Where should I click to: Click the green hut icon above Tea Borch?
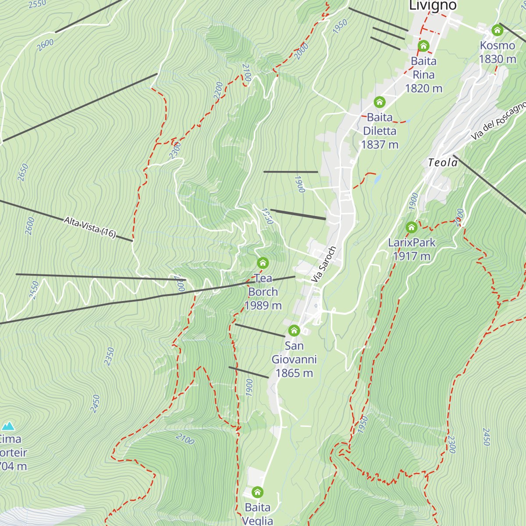click(x=263, y=263)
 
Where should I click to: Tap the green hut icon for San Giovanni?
click(x=294, y=331)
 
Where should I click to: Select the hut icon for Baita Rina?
click(x=423, y=46)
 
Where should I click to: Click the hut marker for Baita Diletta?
click(x=380, y=102)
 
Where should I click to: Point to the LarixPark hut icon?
click(x=411, y=227)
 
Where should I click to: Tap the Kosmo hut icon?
click(x=497, y=30)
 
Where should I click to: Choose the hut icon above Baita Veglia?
click(x=258, y=492)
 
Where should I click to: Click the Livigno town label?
click(x=433, y=6)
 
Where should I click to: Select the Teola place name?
click(x=443, y=163)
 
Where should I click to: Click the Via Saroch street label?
click(x=323, y=264)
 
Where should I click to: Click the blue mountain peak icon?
click(x=8, y=426)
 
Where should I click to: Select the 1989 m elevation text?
click(x=263, y=306)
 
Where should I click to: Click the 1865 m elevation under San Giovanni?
click(x=294, y=373)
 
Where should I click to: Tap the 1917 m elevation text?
click(x=412, y=256)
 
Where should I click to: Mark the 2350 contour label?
click(x=109, y=356)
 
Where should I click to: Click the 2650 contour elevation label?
click(x=23, y=172)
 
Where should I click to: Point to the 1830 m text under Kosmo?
click(x=497, y=59)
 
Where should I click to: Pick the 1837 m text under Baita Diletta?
click(x=380, y=144)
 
